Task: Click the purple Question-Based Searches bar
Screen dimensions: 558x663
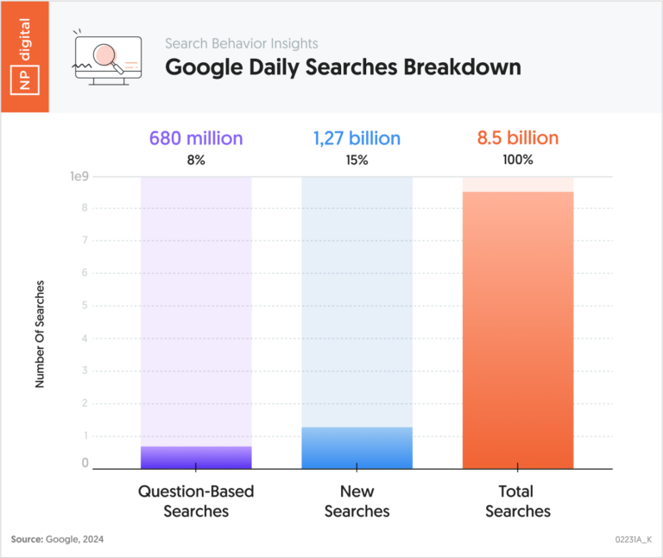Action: pos(196,457)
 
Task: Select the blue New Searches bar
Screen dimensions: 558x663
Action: pos(357,447)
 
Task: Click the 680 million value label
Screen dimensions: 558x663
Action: pos(196,138)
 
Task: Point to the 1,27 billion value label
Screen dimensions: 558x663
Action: pos(357,138)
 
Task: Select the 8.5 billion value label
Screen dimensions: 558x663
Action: pos(518,138)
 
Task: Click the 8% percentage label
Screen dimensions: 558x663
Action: pos(196,160)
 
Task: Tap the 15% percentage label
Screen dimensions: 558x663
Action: pos(357,160)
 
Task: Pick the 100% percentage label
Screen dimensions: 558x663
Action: pos(518,160)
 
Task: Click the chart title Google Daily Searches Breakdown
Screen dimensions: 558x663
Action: pos(343,67)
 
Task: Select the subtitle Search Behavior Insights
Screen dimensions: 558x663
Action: pos(242,43)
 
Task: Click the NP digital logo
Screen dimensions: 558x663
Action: pos(24,56)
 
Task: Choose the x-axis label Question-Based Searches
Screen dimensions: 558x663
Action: pos(196,501)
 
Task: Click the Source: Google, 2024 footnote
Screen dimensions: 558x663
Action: pos(56,539)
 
